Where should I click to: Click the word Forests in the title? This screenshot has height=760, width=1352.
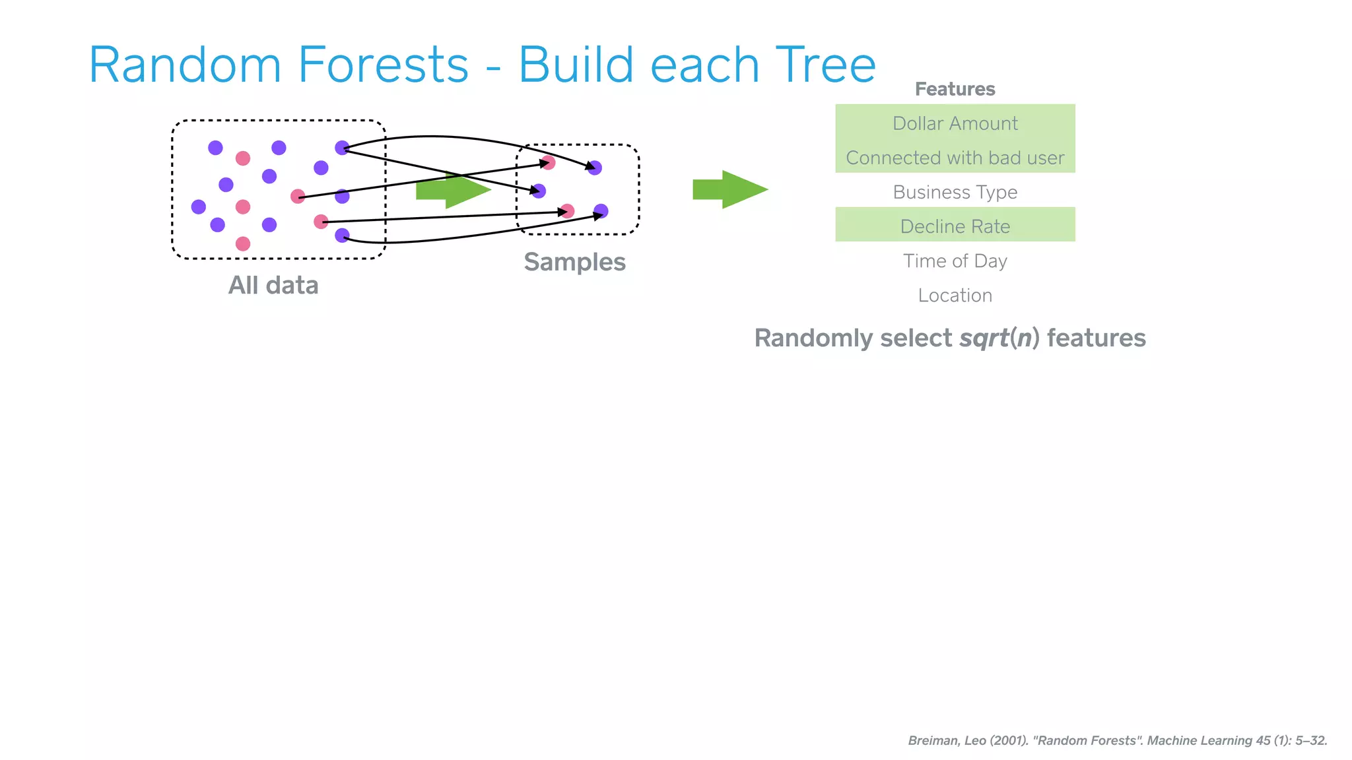tap(383, 65)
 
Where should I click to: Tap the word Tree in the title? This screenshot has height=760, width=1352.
tap(825, 65)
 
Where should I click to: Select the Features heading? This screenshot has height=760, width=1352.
tap(955, 89)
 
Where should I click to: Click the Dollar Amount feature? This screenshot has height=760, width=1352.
tap(955, 123)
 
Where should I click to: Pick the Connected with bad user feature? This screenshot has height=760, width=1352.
tap(955, 158)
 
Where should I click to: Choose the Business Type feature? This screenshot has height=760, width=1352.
tap(955, 192)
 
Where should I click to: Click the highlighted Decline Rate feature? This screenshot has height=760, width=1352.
tap(955, 226)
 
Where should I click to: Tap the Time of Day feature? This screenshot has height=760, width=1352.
tap(955, 261)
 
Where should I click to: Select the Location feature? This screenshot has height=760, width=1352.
tap(955, 296)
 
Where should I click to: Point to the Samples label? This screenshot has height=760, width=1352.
tap(574, 262)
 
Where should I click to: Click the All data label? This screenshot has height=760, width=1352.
tap(273, 285)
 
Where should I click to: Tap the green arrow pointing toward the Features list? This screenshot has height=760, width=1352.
tap(729, 189)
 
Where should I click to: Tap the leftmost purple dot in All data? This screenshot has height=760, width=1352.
tap(198, 207)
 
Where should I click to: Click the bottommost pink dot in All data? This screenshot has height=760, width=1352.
tap(243, 243)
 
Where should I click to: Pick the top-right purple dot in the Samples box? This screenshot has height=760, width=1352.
tap(595, 168)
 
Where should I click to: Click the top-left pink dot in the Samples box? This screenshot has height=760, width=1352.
tap(548, 162)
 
